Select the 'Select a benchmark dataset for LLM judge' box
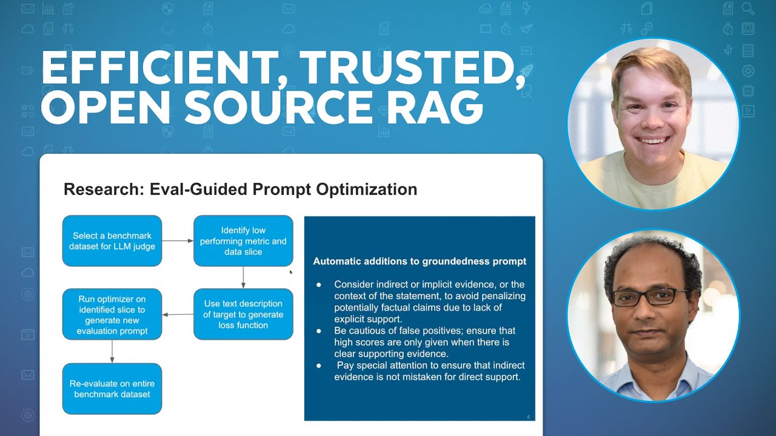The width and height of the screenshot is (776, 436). (x=112, y=241)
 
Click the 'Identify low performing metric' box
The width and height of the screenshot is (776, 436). (x=243, y=241)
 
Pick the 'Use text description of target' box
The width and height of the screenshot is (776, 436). (x=243, y=314)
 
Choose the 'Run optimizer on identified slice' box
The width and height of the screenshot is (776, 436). (x=112, y=315)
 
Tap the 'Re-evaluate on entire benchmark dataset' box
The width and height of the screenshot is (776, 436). (x=112, y=389)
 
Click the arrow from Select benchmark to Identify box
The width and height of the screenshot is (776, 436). (x=178, y=241)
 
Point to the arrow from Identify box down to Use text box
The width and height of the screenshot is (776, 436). (x=243, y=277)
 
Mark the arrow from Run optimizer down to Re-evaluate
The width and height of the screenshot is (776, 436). (x=112, y=351)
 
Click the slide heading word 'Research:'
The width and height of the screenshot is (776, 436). (x=99, y=190)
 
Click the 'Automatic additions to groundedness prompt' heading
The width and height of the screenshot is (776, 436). (x=420, y=262)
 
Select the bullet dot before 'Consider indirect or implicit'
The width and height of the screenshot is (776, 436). (x=319, y=285)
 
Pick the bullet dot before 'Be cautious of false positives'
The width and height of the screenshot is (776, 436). (x=319, y=331)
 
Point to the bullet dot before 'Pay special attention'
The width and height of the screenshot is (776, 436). (x=319, y=366)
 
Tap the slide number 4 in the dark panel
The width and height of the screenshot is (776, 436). (x=529, y=416)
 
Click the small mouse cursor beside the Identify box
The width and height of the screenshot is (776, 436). (x=291, y=272)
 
